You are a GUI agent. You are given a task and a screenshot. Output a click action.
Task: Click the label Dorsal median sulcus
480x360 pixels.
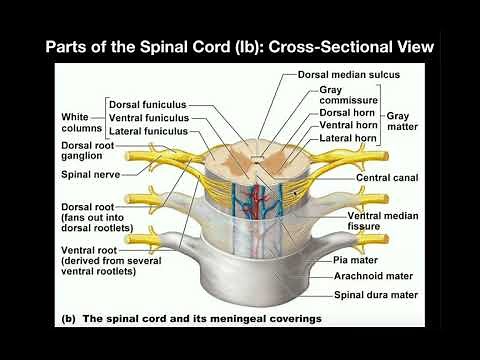349,75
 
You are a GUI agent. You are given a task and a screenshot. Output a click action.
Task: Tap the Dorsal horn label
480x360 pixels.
349,114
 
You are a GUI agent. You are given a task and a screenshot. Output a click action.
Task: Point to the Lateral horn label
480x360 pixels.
349,138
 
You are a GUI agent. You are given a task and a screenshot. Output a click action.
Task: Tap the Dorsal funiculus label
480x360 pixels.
149,105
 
